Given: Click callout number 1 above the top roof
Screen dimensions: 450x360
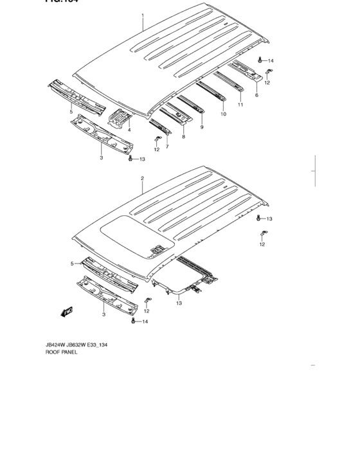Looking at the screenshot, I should (143, 15).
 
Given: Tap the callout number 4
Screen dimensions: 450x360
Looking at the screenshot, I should (129, 130).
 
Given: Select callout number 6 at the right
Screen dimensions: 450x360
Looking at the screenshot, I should (256, 95).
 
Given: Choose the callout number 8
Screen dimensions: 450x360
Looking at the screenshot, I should (183, 137).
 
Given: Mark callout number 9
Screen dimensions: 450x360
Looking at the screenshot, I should (202, 127).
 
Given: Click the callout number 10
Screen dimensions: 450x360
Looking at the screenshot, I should (223, 114).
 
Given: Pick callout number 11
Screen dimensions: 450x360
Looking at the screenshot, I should (240, 105).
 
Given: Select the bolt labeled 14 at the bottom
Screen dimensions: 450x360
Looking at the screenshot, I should (133, 320).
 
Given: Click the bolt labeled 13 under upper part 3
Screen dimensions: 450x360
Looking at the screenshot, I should (131, 157).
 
